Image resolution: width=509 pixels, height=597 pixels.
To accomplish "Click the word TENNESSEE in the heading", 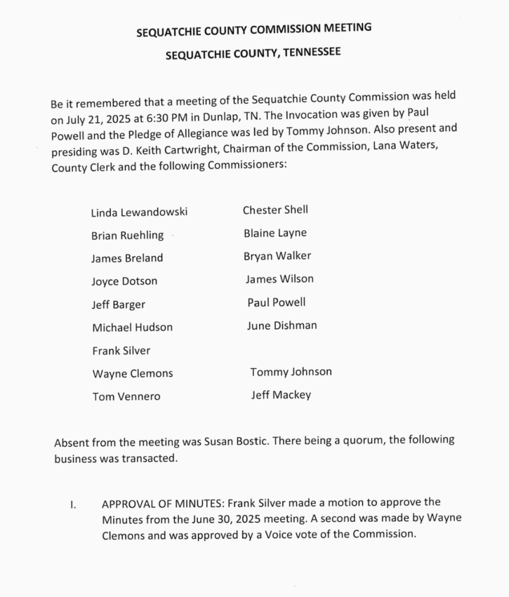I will (x=311, y=54).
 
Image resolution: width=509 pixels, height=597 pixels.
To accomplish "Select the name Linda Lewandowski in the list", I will (x=139, y=213).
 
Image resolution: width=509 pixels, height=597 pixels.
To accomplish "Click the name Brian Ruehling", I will (x=127, y=236).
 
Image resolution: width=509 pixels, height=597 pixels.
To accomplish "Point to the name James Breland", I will (x=127, y=258).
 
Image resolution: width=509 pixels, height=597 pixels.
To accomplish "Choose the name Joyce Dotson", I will (x=124, y=282).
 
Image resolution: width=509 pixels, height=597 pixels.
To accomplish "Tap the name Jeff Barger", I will (x=118, y=304).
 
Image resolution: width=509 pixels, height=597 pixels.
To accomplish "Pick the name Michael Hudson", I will (x=132, y=328).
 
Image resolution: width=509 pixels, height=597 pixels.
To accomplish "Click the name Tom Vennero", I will (x=126, y=397).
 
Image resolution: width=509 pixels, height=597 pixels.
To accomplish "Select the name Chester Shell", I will (x=275, y=210).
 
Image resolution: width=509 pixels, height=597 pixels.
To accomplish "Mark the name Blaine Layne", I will (x=275, y=233).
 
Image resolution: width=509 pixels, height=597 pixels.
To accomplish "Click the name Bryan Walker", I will (x=277, y=256).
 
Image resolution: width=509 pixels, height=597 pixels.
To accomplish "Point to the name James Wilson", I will (x=279, y=279).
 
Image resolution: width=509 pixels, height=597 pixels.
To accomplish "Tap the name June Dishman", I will (x=281, y=325).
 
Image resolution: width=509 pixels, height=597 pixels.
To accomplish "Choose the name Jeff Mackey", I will (x=281, y=395).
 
